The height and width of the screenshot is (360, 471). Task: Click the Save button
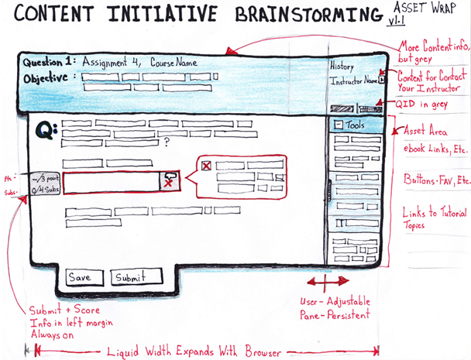[80, 277]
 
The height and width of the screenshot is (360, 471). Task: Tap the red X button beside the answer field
[167, 181]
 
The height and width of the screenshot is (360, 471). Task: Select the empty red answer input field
[110, 182]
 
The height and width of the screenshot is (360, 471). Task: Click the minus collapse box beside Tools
[339, 125]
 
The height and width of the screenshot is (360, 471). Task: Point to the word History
[342, 67]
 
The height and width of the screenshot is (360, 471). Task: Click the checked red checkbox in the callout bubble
[206, 166]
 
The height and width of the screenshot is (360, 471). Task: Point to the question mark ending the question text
[167, 142]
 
